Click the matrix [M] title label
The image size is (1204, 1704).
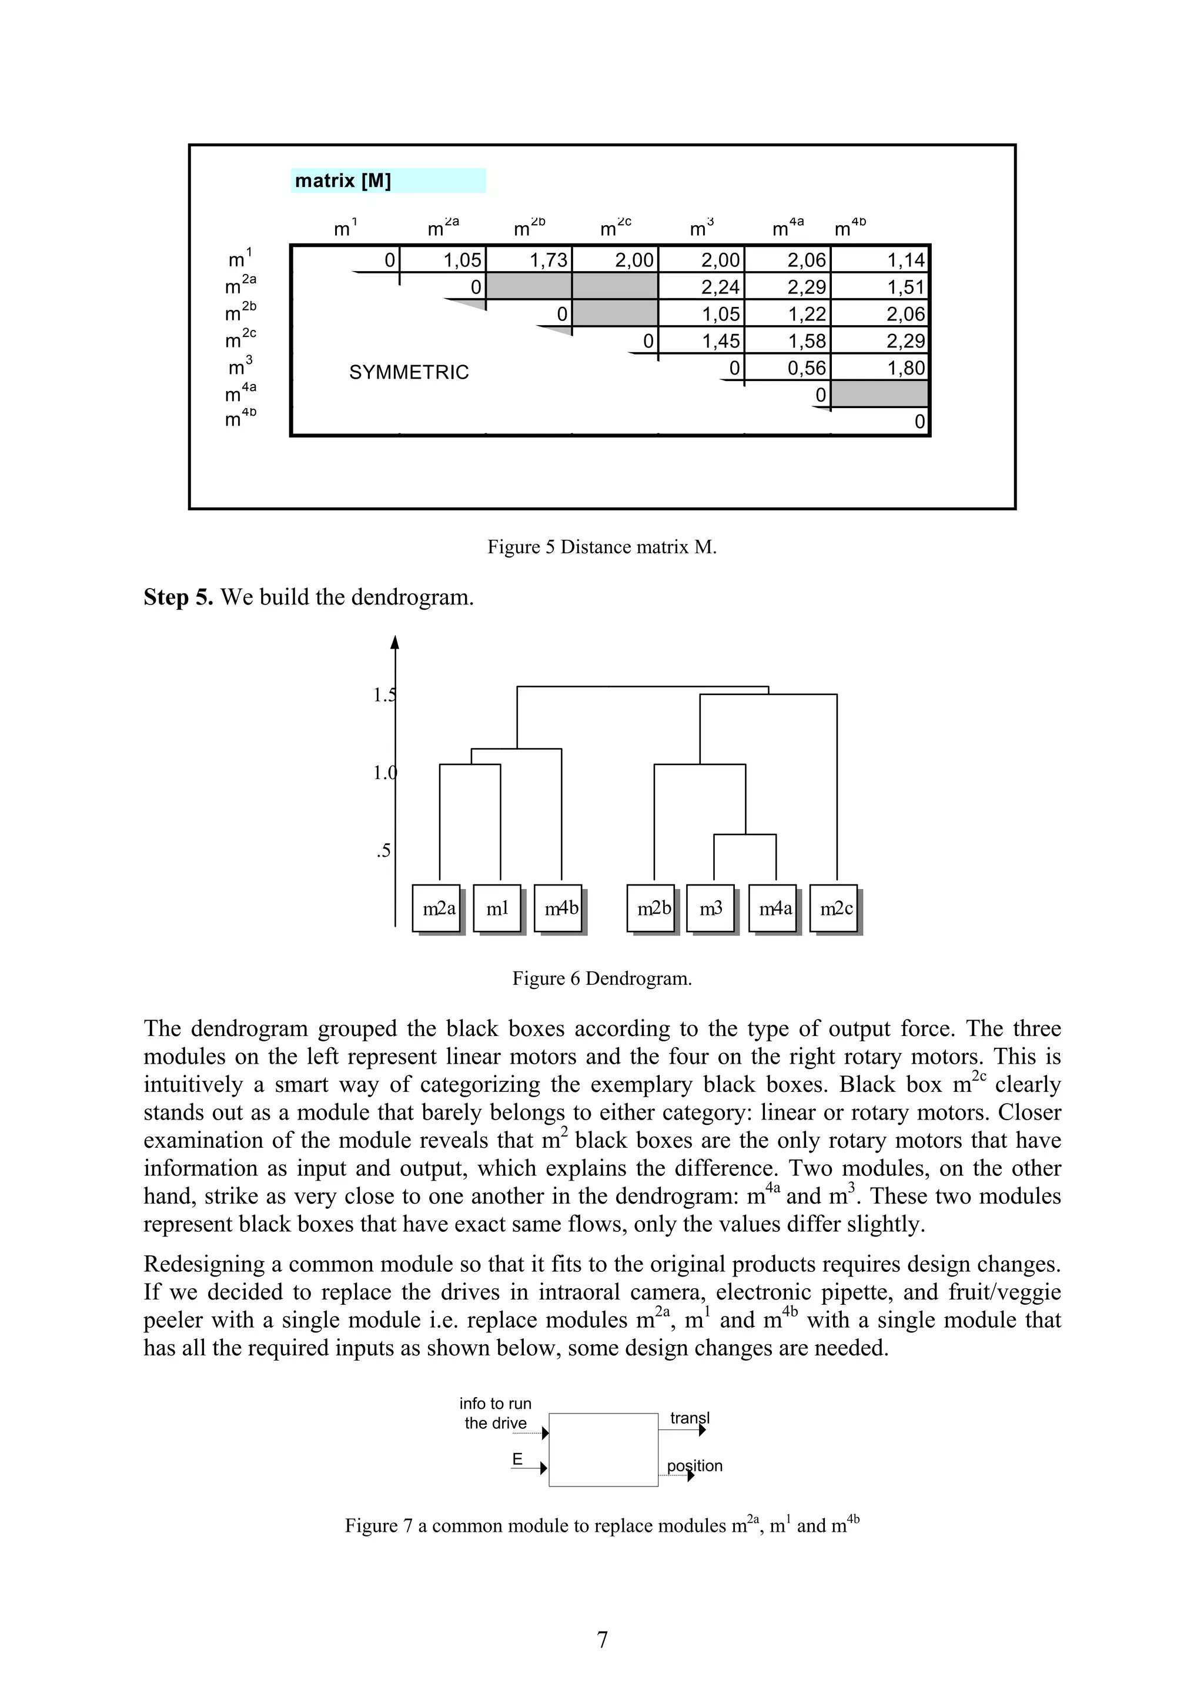click(x=343, y=181)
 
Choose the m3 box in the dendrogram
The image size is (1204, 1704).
click(x=711, y=908)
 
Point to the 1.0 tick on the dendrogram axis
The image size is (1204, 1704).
click(x=385, y=773)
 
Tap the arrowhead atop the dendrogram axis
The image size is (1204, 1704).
click(x=396, y=642)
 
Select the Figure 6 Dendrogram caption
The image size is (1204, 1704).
click(x=601, y=978)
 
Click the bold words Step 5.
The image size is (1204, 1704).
click(x=178, y=597)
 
